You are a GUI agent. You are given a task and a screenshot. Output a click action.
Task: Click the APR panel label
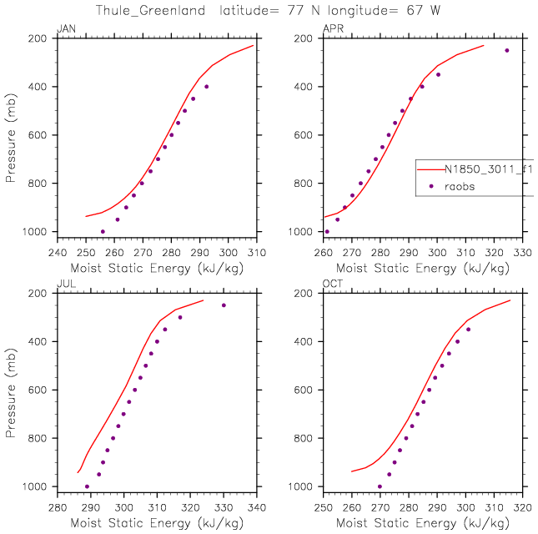coord(331,30)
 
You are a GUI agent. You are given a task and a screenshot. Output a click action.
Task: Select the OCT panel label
coord(331,285)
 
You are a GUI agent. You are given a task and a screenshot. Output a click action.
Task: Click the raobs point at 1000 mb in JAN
coord(103,231)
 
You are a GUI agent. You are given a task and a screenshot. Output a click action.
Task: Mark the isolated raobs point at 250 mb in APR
coord(506,50)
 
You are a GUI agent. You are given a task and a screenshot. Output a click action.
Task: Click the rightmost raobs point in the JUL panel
coord(224,305)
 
